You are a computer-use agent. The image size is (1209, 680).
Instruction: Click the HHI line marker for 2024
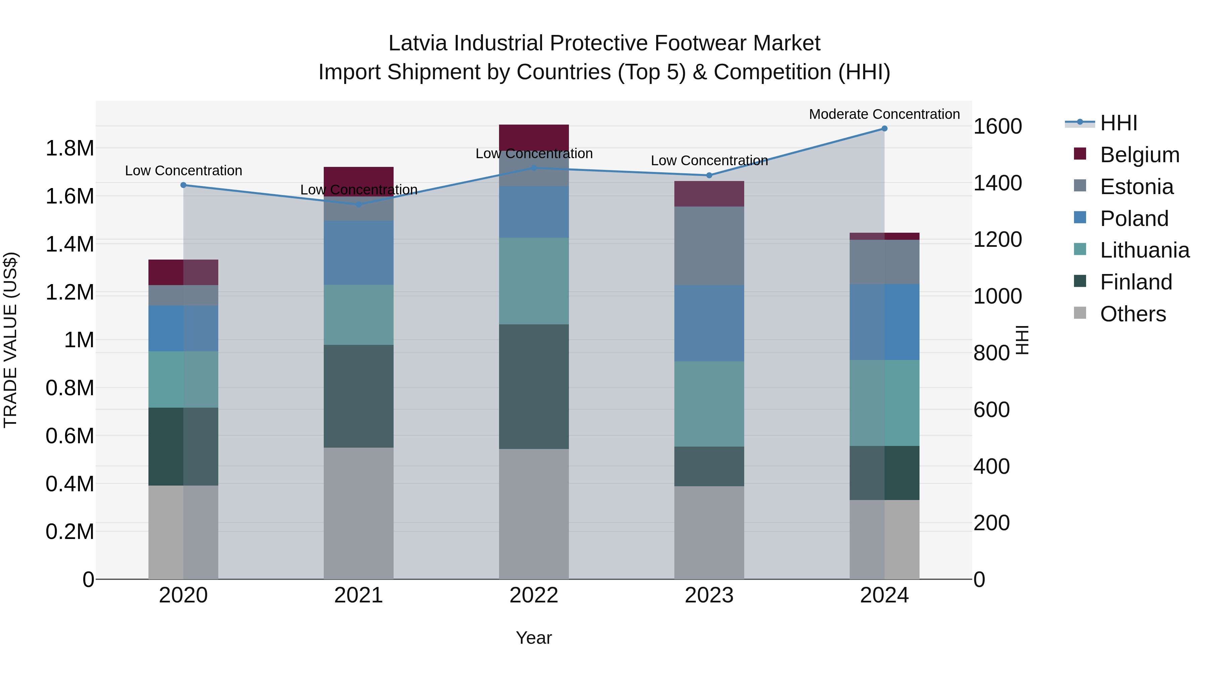(884, 129)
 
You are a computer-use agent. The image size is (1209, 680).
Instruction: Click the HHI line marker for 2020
(183, 185)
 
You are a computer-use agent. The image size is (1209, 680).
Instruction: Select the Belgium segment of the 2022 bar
(534, 137)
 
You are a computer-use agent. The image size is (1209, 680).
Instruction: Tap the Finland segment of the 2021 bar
(359, 396)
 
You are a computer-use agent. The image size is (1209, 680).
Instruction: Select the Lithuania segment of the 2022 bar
(534, 281)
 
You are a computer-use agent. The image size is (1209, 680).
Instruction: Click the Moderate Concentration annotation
(884, 114)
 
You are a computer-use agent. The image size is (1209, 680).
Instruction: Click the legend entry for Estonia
(1136, 187)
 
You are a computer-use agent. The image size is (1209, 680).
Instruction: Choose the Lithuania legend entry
(1144, 250)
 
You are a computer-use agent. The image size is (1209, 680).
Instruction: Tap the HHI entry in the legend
(1118, 123)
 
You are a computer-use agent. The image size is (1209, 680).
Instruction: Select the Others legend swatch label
(1132, 314)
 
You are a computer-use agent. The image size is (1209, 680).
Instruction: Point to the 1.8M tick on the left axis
(70, 148)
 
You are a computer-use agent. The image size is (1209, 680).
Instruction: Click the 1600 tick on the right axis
(997, 126)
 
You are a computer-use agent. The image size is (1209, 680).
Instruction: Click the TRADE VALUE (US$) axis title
(10, 340)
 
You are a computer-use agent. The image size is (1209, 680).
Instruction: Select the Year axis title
(534, 638)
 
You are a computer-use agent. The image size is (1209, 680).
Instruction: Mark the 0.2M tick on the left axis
(70, 532)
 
